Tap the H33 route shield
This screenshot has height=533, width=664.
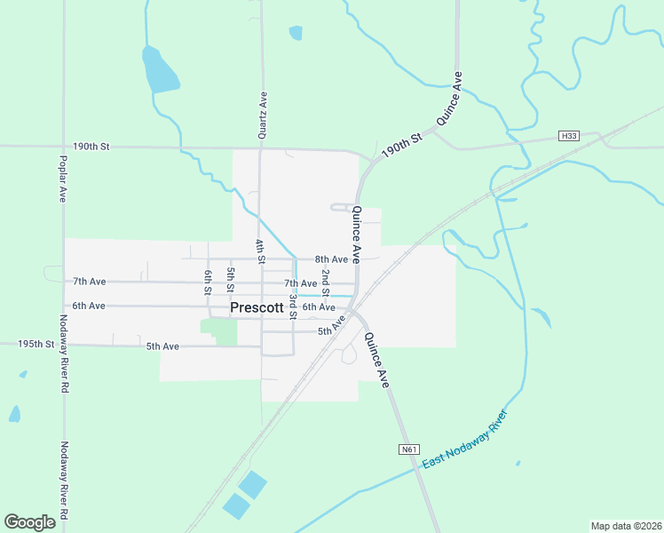coord(569,136)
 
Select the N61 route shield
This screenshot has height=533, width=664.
coord(408,449)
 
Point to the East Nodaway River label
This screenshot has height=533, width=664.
coord(464,441)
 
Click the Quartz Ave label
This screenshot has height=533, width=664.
coord(263,116)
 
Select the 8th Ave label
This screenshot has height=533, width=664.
coord(331,259)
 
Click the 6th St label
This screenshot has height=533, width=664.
coord(208,282)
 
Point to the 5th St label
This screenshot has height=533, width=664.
coord(230,280)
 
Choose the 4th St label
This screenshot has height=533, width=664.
coord(260,252)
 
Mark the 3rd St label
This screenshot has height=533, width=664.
coord(292,306)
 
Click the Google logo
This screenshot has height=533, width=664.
coord(29,522)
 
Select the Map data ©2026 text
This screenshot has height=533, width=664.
coord(626,526)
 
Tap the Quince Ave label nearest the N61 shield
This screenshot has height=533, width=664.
coord(377,360)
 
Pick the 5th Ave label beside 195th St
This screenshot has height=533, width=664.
coord(162,346)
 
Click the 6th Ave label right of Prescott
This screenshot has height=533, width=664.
coord(319,307)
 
